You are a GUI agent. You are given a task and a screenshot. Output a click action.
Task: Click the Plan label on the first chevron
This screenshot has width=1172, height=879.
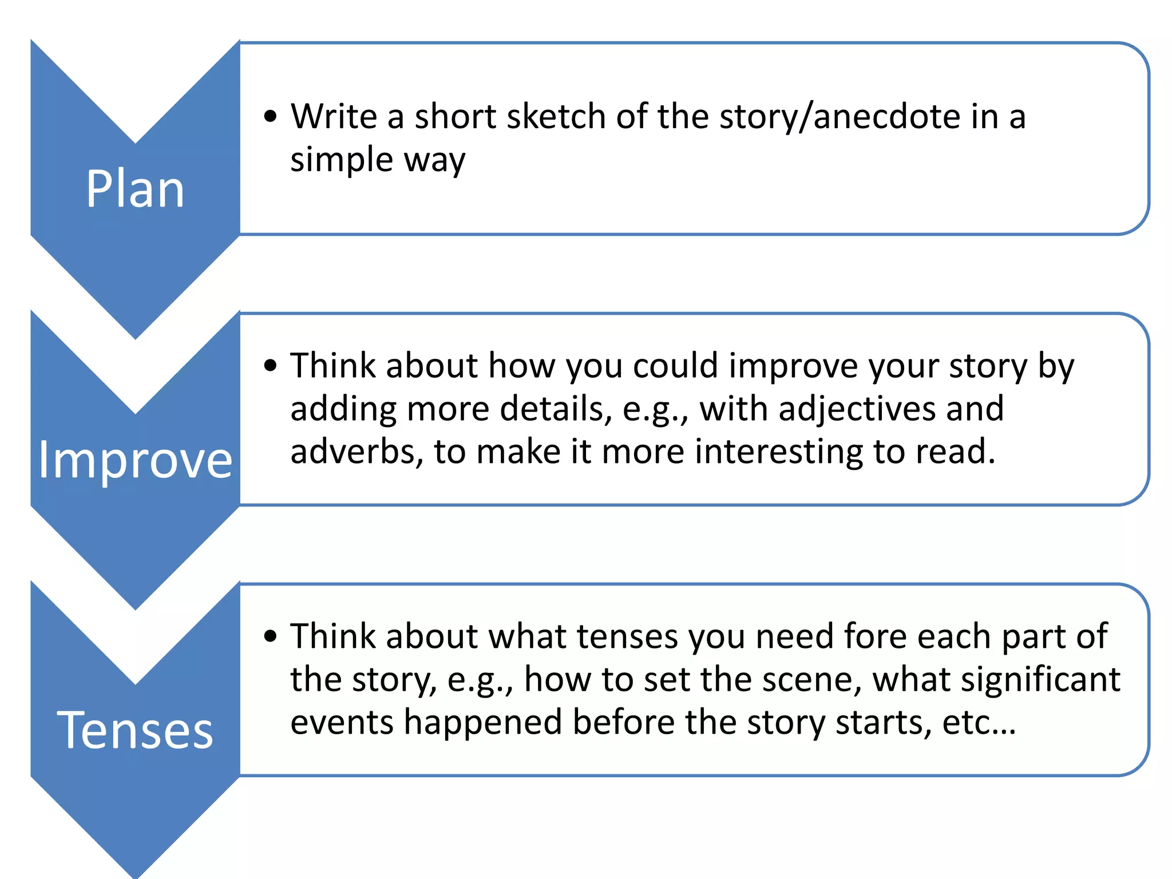coord(135,189)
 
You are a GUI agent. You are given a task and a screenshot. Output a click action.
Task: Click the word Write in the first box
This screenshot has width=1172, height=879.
coord(334,116)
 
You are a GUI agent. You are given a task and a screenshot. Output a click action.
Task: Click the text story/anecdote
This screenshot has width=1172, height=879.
coord(841,117)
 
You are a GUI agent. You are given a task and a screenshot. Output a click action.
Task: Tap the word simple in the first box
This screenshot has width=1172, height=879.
coord(341,160)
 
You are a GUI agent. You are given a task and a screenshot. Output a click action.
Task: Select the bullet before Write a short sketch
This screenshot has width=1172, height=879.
coord(271,117)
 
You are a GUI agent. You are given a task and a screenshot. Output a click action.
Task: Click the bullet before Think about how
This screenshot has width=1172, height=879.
coord(271,365)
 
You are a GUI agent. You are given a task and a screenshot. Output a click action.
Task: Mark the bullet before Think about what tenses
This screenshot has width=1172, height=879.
coord(271,636)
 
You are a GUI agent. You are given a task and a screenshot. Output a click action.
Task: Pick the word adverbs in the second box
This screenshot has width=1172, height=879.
coord(357,452)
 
